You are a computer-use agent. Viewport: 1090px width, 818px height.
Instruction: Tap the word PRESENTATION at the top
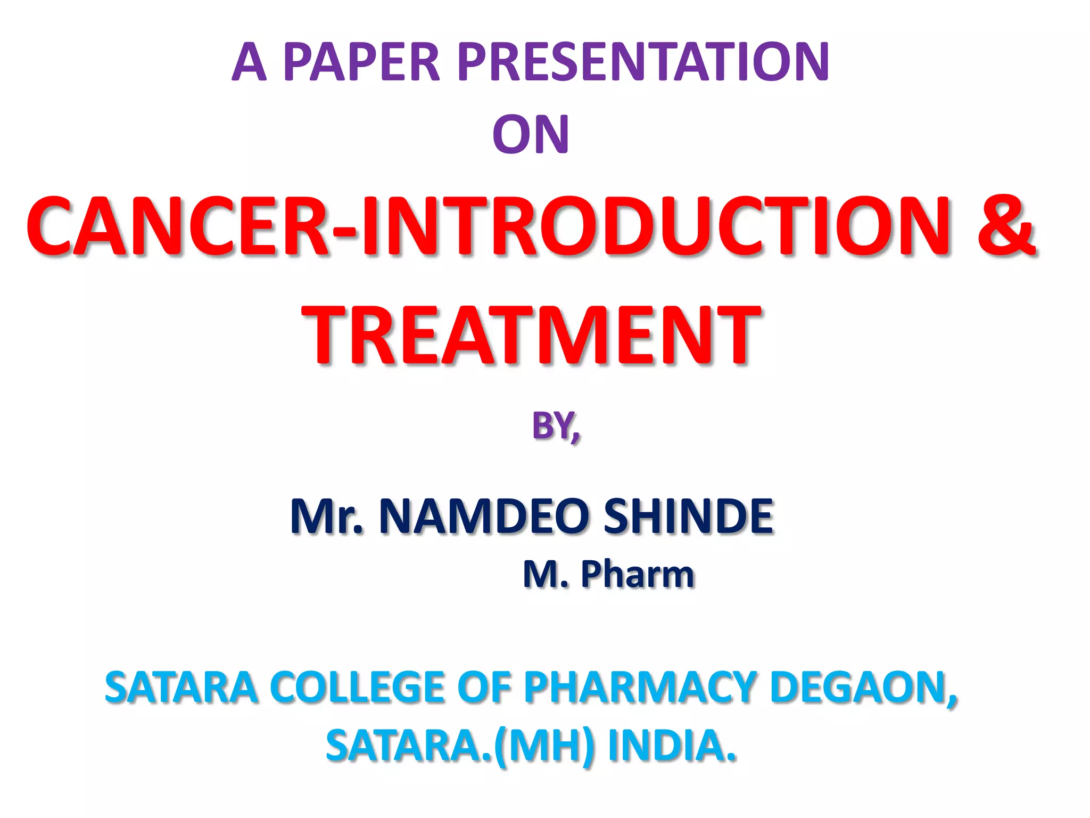pos(643,62)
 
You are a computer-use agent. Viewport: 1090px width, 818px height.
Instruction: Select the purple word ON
pos(531,135)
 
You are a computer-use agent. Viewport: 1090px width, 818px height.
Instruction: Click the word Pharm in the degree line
pos(637,574)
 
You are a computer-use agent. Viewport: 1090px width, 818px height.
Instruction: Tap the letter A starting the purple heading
pos(249,62)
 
